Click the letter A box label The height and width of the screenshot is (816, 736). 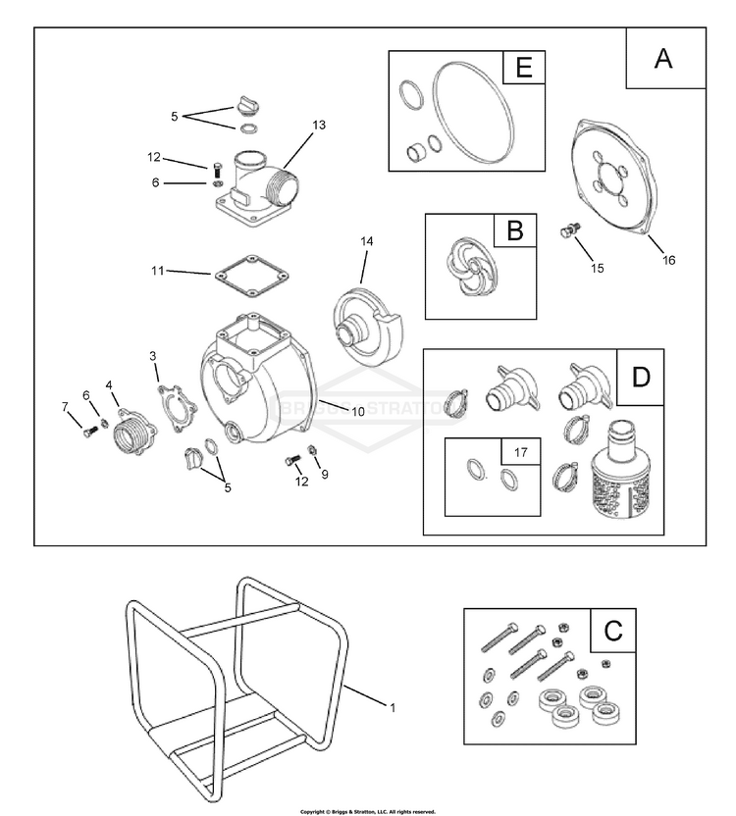[664, 58]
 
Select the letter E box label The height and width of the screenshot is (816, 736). [522, 69]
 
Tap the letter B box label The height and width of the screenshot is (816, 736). [514, 231]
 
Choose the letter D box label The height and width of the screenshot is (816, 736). [641, 375]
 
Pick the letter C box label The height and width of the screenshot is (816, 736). [613, 630]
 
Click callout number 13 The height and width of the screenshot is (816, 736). [318, 126]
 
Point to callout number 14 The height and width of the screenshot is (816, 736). [367, 240]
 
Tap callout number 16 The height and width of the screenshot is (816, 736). [669, 260]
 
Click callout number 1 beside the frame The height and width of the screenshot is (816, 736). [393, 706]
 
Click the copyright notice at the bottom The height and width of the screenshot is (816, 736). [367, 811]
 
